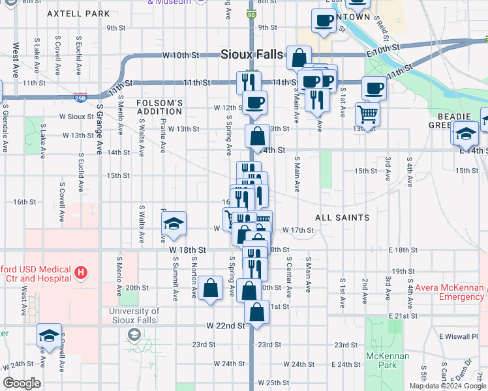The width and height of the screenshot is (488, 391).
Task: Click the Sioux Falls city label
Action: coord(251,54)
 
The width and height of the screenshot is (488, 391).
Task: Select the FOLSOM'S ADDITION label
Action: coord(159,107)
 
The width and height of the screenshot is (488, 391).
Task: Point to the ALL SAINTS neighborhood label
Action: coord(343,217)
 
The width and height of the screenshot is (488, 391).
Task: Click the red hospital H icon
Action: coord(80,272)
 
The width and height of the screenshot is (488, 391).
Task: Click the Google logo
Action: coord(22,383)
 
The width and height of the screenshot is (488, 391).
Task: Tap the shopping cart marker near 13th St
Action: coord(368,115)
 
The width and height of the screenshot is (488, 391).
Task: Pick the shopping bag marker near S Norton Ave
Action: coord(210,289)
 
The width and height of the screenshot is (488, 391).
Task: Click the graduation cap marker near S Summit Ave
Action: coord(174,225)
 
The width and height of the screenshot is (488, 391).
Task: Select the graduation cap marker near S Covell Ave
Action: coord(49,336)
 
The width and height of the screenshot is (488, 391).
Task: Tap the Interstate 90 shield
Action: coord(252,13)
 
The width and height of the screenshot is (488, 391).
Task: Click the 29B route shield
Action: coord(80,97)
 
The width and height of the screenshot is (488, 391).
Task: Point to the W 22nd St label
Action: coord(224,325)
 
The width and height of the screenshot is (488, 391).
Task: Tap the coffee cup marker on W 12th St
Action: coord(254,102)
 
